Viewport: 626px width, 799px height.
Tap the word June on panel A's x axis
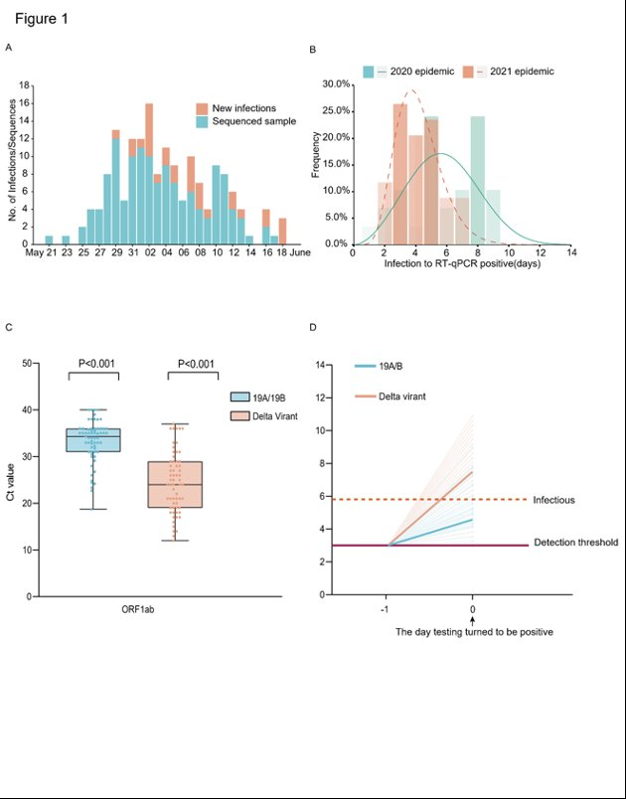click(300, 253)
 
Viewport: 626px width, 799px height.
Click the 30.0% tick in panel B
click(335, 84)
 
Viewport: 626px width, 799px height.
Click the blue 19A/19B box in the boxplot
click(92, 440)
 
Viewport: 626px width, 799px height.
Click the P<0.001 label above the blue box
click(93, 363)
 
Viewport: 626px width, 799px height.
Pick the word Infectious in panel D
click(553, 499)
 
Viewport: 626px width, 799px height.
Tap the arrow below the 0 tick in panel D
click(473, 618)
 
